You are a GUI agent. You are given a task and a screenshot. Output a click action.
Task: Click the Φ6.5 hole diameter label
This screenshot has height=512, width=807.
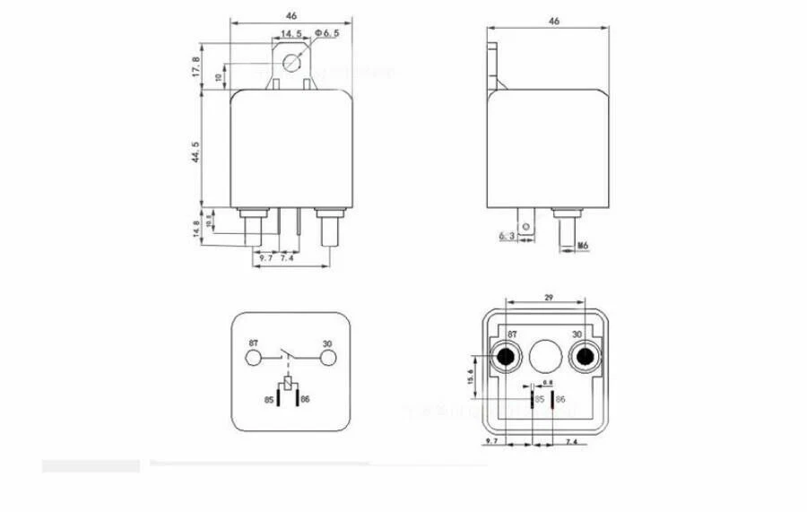coord(325,33)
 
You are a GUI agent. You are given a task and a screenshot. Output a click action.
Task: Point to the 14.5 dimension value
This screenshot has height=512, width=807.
coord(291,33)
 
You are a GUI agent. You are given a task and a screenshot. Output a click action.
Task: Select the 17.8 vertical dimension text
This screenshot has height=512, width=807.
coord(195,66)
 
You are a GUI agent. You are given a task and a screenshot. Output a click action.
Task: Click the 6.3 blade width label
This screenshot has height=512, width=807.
coord(506,236)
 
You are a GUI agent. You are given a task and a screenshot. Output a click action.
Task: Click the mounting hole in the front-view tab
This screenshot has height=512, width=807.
coord(291,62)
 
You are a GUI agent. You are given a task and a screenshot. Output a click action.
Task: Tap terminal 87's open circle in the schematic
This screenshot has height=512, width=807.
coord(254,359)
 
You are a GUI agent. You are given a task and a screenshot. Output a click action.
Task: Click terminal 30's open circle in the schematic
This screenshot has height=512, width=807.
coord(329,359)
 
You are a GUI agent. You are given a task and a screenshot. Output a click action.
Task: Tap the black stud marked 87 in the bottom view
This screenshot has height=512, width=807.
coord(505,359)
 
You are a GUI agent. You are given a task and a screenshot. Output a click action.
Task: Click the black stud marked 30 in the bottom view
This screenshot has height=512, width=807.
coord(586,359)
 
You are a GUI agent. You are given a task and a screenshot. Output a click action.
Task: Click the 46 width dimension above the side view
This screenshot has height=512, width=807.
coord(553,21)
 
